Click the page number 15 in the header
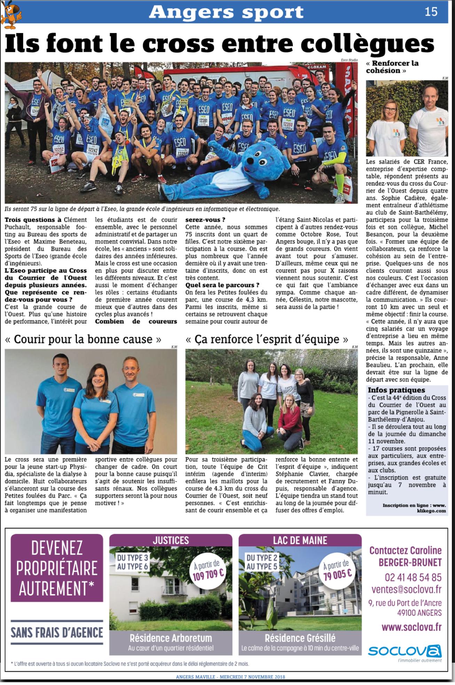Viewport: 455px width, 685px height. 431,12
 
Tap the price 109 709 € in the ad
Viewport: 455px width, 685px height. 207,571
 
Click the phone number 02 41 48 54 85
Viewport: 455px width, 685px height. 413,577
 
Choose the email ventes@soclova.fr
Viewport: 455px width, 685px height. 406,589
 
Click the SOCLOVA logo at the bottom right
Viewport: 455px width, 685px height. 405,650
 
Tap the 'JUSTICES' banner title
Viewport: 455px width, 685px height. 171,540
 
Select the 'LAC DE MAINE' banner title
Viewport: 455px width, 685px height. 300,540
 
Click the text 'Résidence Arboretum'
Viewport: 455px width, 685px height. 171,638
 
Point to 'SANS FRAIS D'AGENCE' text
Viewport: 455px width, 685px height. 57,632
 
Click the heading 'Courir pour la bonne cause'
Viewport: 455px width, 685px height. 83,339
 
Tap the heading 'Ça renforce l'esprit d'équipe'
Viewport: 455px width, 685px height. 267,339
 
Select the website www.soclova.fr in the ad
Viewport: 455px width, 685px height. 411,627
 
